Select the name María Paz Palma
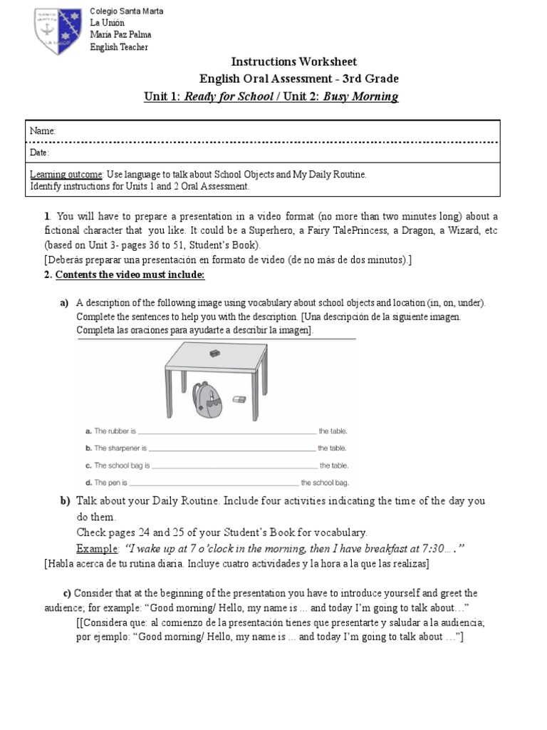pyautogui.click(x=120, y=34)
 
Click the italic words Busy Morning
pyautogui.click(x=360, y=96)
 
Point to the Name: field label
pyautogui.click(x=43, y=132)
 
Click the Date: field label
pyautogui.click(x=40, y=153)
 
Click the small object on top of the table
pyautogui.click(x=214, y=354)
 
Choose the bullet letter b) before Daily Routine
pyautogui.click(x=65, y=501)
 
